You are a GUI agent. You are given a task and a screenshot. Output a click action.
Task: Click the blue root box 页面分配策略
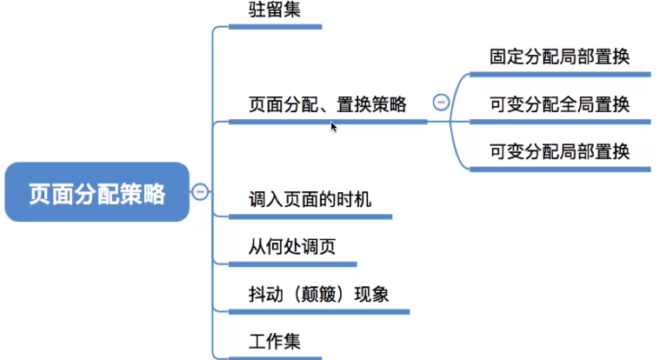(97, 192)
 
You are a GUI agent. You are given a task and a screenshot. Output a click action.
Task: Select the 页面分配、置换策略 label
(327, 104)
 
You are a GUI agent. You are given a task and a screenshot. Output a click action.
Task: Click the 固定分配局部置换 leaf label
(559, 57)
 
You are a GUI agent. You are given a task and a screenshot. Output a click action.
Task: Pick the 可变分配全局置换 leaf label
(559, 104)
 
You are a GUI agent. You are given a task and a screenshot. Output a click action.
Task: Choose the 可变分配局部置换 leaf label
(559, 152)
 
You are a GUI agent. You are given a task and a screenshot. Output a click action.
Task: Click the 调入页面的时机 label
(310, 200)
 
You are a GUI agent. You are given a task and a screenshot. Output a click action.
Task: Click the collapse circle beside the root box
(200, 191)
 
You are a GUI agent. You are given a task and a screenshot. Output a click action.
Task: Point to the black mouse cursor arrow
(333, 126)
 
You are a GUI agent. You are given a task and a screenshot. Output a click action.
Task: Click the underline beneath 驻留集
(275, 27)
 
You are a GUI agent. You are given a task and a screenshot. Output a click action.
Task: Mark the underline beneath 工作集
(275, 357)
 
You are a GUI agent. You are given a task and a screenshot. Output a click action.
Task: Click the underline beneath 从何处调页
(292, 263)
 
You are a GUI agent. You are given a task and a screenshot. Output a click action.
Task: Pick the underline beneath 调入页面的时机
(310, 216)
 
